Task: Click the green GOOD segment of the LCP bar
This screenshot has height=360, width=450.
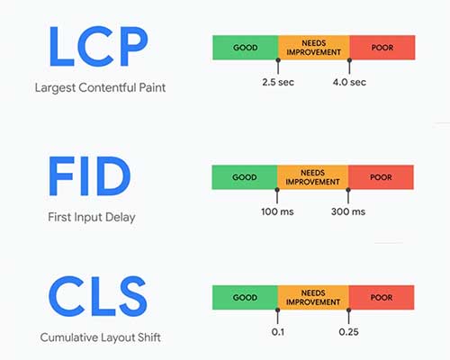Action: [245, 47]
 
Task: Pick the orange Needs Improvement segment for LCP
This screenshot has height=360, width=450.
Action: [313, 47]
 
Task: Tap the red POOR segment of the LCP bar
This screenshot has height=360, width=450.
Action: [382, 47]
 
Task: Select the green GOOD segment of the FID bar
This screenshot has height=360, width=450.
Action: [244, 176]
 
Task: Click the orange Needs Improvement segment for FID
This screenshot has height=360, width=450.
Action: [312, 176]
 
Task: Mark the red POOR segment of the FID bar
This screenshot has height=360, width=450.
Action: [380, 176]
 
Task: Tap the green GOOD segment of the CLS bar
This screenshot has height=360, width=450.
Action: [245, 297]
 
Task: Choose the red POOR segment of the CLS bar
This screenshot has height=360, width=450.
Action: [382, 297]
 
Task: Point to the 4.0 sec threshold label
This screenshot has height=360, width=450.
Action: [349, 82]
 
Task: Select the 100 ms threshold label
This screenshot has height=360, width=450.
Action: [277, 211]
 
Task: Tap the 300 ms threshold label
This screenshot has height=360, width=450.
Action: [347, 211]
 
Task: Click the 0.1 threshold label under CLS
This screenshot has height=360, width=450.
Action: [278, 332]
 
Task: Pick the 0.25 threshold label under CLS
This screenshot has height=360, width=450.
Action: [348, 332]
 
